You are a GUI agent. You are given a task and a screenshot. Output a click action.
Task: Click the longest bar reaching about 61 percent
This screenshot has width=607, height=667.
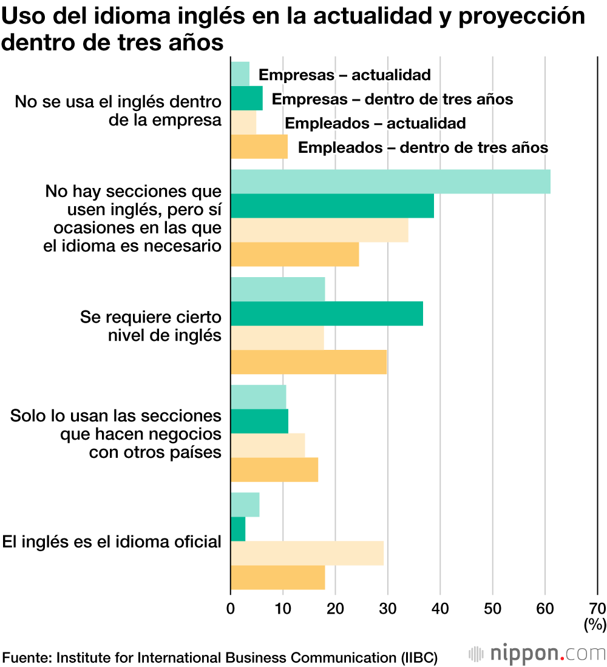[390, 182]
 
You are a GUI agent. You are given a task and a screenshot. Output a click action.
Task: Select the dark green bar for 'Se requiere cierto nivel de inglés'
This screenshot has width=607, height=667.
[327, 313]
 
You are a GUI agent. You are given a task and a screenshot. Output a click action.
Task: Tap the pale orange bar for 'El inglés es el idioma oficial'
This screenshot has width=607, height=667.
[307, 553]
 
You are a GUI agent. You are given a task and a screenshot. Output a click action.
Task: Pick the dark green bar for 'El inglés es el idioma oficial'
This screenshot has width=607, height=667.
[238, 529]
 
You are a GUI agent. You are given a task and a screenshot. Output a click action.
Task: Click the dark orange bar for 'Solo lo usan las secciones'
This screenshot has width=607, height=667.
[274, 470]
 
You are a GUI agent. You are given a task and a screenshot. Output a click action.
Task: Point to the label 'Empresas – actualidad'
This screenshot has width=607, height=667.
[344, 75]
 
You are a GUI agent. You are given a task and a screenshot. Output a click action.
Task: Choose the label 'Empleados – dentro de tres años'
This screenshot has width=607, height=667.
[423, 147]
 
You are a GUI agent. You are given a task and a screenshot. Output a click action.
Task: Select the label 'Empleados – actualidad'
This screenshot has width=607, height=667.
[375, 123]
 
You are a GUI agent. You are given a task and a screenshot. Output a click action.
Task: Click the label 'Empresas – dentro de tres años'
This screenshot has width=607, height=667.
[392, 99]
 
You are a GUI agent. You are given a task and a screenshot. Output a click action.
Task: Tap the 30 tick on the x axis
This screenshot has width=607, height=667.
[387, 608]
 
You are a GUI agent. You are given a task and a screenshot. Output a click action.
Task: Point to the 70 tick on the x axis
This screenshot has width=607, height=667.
[597, 608]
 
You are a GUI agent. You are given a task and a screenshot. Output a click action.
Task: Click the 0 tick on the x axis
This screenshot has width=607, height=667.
[231, 608]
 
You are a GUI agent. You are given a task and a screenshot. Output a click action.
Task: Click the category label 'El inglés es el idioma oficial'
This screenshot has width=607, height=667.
[112, 541]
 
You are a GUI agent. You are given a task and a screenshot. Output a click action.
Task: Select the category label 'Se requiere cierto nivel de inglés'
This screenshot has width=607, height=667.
[151, 326]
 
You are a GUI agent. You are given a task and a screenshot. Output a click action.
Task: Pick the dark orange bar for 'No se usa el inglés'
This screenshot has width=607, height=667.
[259, 147]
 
